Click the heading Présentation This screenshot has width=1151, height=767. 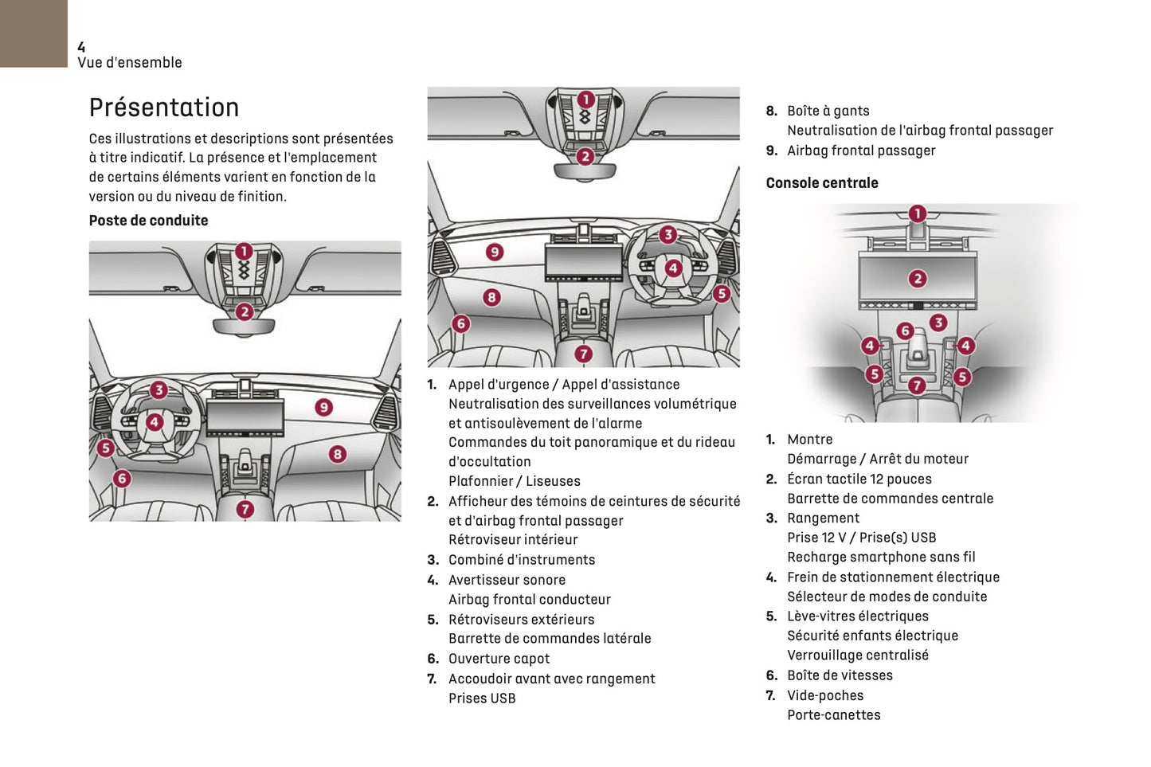[164, 108]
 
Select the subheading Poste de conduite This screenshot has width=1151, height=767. [148, 221]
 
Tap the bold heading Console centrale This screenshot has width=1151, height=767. [822, 183]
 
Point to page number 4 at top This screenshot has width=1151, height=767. [81, 48]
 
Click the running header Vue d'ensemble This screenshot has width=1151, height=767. [130, 63]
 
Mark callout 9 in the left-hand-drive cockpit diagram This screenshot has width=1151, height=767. [323, 407]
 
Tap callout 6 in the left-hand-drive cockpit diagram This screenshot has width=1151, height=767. [122, 478]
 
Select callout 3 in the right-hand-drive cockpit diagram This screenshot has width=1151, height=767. [668, 234]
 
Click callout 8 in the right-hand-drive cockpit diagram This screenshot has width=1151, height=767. [491, 297]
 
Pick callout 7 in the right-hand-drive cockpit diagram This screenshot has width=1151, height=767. [584, 354]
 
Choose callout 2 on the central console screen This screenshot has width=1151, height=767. [918, 278]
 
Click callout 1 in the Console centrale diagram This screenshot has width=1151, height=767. [918, 213]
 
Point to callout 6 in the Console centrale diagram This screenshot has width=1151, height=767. [905, 331]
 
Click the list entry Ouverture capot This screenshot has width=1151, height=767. [499, 659]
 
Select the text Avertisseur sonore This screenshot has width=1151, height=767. [507, 580]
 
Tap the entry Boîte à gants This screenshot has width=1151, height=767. [828, 112]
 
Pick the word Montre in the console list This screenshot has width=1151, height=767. [809, 440]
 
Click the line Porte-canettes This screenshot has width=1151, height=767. [833, 715]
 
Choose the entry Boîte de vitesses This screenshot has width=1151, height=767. [840, 675]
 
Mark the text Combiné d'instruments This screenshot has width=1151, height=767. [521, 560]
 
